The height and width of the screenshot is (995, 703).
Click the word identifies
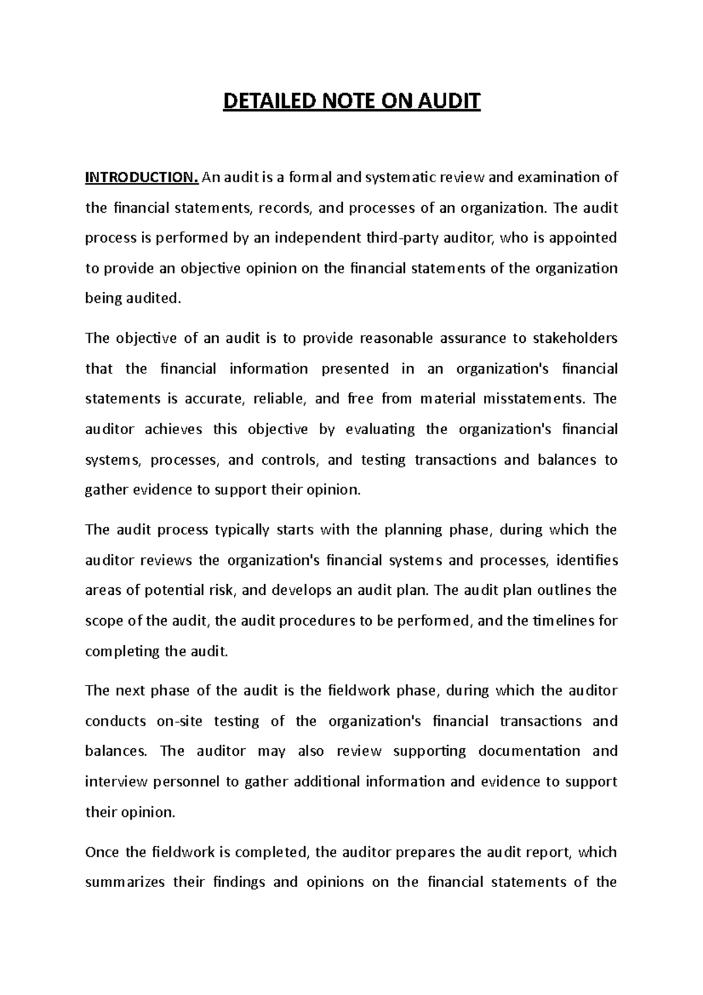point(587,560)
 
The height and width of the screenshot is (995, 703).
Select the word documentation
point(529,751)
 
